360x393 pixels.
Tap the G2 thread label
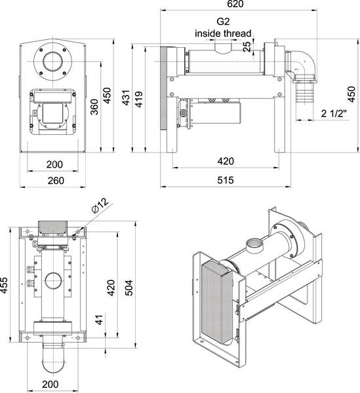tap(223, 22)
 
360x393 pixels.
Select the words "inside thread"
tap(223, 33)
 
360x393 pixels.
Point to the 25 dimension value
tap(247, 47)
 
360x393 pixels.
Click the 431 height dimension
tap(126, 98)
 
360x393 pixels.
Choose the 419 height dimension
tap(139, 100)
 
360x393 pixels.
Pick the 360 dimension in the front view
tap(94, 107)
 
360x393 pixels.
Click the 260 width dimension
tap(56, 181)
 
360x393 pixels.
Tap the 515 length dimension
tap(226, 179)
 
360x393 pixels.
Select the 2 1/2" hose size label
tap(334, 113)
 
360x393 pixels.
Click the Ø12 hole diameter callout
tap(100, 206)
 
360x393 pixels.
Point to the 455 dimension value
tap(4, 285)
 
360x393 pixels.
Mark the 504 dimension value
tap(129, 288)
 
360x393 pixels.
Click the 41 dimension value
tap(100, 320)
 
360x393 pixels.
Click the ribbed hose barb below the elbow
tap(305, 93)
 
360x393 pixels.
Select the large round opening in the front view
tap(53, 62)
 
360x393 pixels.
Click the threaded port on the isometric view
tap(254, 246)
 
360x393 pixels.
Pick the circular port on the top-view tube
tap(53, 281)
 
